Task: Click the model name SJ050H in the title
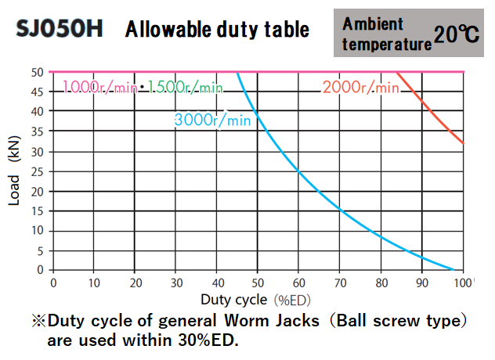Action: (x=60, y=30)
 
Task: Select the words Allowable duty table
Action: (x=217, y=30)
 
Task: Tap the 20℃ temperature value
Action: (x=458, y=34)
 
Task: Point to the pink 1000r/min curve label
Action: (x=100, y=87)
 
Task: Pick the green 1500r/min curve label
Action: (x=185, y=87)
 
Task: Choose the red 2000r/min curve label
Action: (x=360, y=87)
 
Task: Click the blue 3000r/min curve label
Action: (x=212, y=120)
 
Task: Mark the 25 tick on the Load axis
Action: (x=38, y=171)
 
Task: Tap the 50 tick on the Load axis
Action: (x=38, y=71)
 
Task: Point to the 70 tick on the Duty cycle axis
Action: (x=339, y=283)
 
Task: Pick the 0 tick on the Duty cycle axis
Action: (x=53, y=283)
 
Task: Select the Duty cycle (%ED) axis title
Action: (x=256, y=300)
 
